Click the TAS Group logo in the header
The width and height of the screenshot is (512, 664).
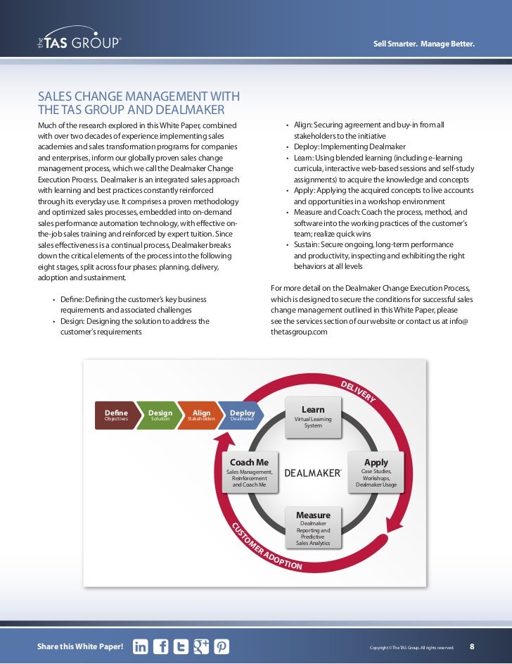tap(79, 42)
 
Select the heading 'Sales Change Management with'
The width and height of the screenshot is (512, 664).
tap(138, 96)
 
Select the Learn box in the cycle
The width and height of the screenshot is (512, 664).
tap(313, 415)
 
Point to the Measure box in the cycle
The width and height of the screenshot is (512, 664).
tap(313, 527)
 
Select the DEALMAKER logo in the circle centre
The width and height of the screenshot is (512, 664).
tap(313, 473)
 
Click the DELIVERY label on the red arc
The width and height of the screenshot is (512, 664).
tap(358, 391)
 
